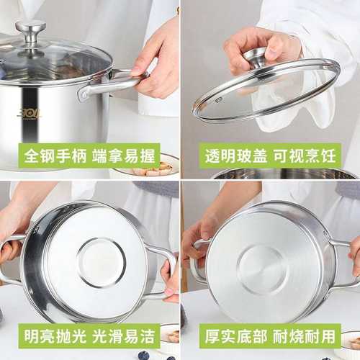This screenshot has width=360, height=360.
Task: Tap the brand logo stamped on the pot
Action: [x=29, y=113]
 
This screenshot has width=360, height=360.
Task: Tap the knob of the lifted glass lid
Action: [x=257, y=57]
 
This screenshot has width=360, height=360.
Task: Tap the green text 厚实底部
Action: [x=233, y=336]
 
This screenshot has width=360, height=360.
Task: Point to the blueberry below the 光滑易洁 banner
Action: [x=143, y=355]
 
